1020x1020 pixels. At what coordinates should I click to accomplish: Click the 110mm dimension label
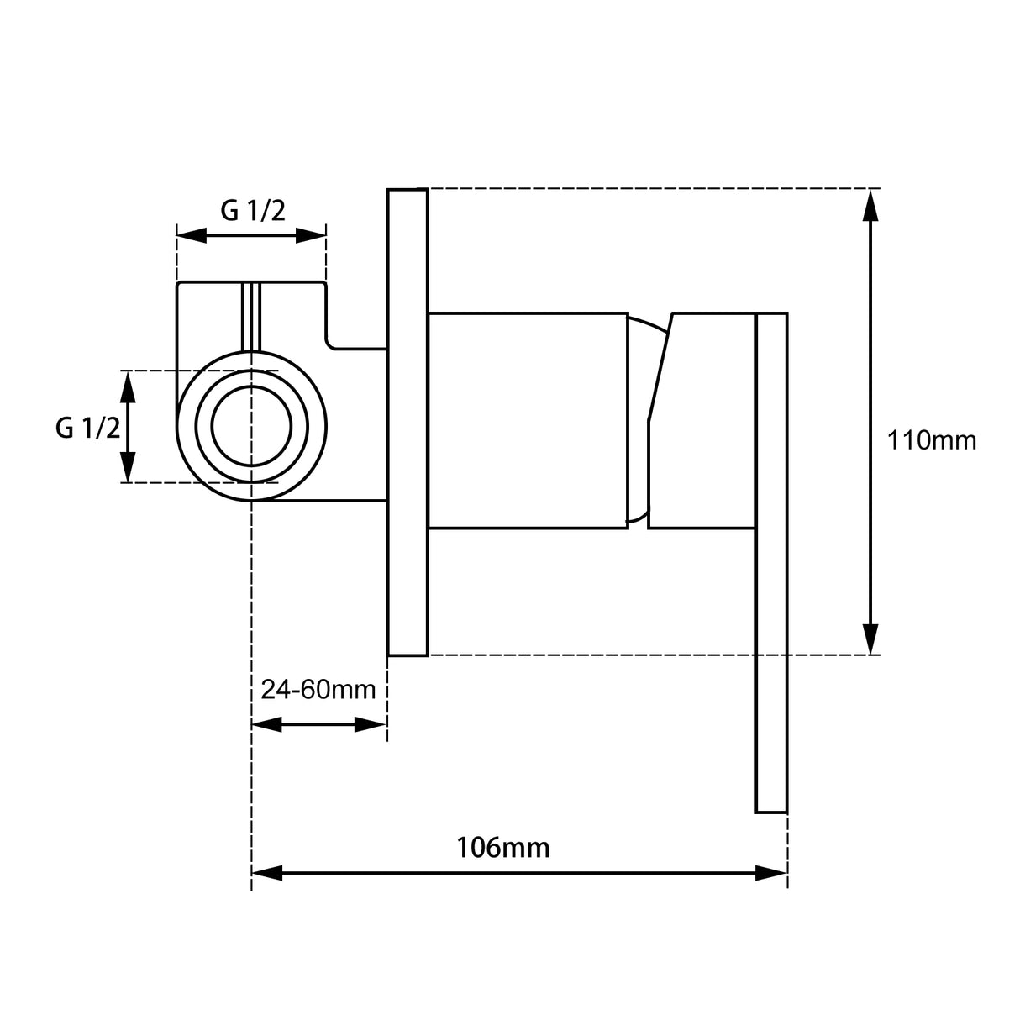pos(932,440)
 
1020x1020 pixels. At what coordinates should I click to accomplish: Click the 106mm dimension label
pos(502,847)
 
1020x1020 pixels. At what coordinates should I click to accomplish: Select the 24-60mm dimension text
pos(318,690)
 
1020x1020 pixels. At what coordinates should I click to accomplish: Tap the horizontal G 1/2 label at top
pos(253,210)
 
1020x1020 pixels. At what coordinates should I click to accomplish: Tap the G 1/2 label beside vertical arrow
pos(87,429)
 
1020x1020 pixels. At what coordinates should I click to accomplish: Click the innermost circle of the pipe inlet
pos(251,426)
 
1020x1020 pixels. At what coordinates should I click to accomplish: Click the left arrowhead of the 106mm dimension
pos(266,874)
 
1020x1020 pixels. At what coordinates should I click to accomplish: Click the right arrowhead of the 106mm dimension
pos(772,874)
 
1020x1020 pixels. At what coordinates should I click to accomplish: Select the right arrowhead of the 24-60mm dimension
pos(371,724)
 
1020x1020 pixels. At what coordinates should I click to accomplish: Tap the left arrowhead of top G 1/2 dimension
pos(192,236)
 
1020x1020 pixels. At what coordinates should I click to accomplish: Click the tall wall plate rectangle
pos(407,422)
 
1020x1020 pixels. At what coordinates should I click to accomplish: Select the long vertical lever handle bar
pos(771,563)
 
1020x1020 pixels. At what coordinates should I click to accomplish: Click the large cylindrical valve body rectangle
pos(528,420)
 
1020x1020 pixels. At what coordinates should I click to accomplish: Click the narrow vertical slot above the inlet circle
pos(251,317)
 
